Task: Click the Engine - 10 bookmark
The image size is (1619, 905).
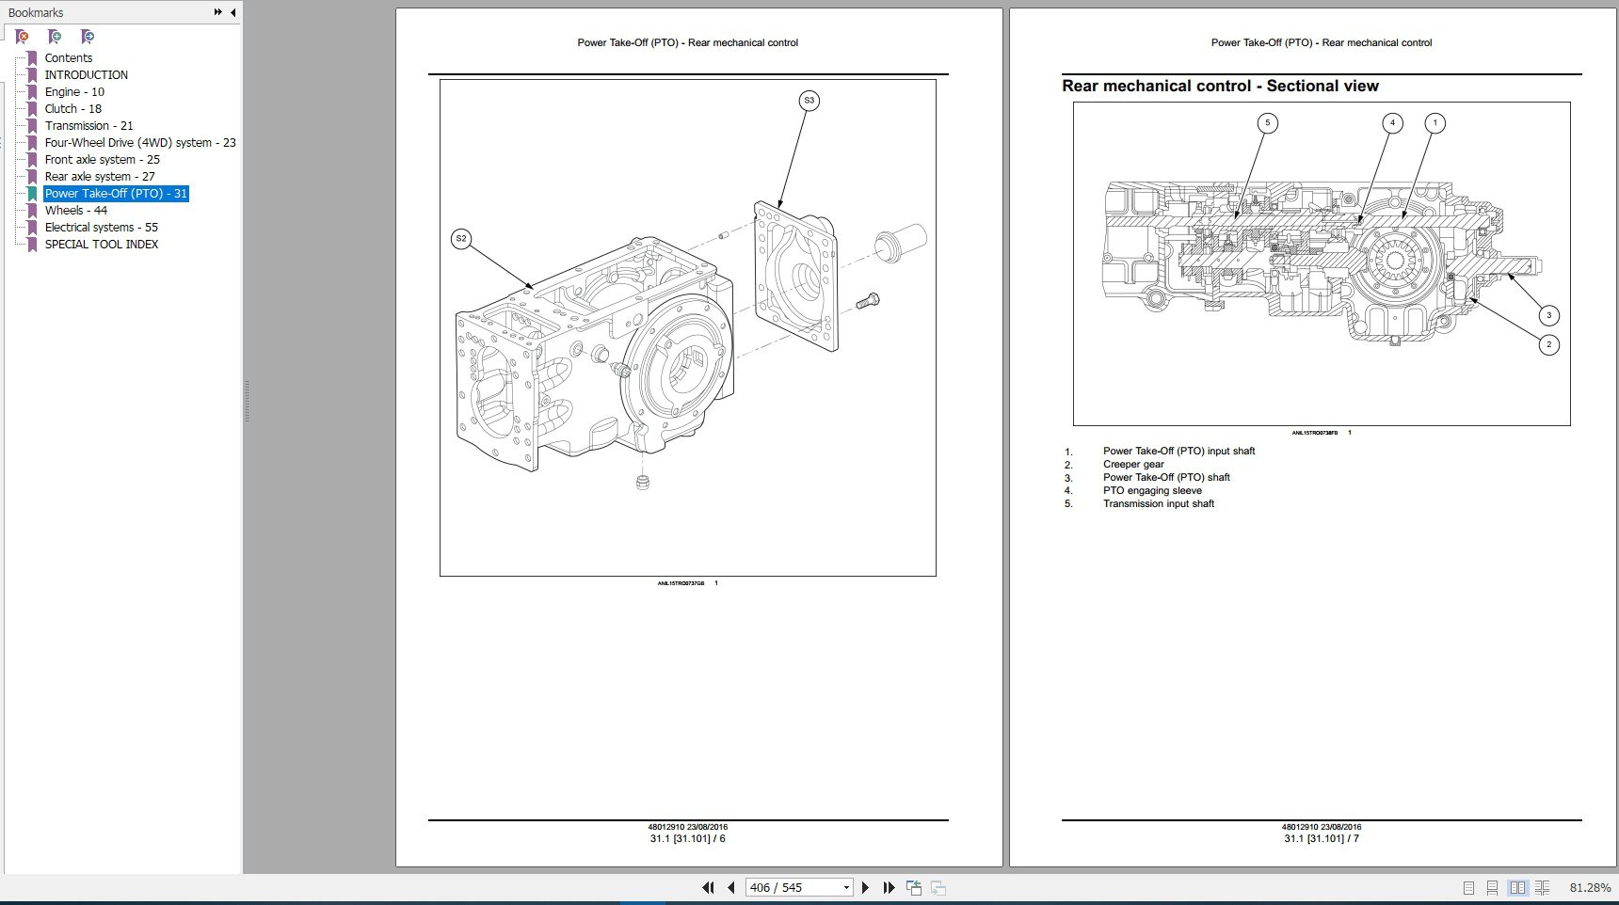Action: [73, 92]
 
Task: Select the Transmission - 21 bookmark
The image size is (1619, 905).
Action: [88, 126]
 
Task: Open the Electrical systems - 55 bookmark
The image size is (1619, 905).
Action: [101, 228]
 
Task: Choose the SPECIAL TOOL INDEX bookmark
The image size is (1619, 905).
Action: [101, 245]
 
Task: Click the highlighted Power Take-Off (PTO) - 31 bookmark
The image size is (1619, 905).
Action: [116, 194]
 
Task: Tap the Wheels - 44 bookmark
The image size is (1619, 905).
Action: [75, 211]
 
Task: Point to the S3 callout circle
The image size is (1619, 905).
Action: [809, 101]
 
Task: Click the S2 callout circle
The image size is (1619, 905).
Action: [460, 239]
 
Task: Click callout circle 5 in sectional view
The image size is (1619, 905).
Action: [1267, 123]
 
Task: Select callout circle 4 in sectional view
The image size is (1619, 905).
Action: [1392, 123]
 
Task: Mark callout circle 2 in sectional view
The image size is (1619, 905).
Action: [1548, 345]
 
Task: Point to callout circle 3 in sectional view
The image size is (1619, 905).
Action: [1548, 315]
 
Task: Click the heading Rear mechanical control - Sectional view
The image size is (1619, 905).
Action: [1220, 87]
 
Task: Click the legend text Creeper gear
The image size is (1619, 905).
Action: [1133, 465]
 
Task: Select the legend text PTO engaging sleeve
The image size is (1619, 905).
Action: [1152, 491]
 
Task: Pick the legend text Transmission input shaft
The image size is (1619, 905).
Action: [1159, 504]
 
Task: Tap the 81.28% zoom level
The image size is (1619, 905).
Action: [1590, 888]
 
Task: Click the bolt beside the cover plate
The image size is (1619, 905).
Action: [868, 302]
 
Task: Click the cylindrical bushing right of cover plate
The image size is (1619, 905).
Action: [900, 243]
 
